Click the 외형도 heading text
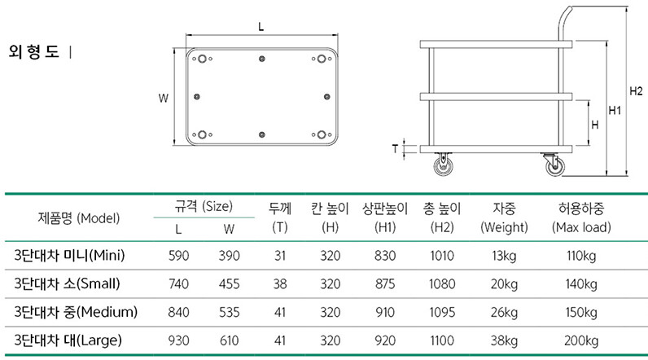point(34,52)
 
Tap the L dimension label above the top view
point(261,27)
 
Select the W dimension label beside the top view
point(164,99)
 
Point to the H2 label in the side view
point(636,91)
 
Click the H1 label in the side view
point(615,110)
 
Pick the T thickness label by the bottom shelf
point(395,148)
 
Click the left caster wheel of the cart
point(443,164)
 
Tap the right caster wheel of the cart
point(554,164)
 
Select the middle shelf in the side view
point(496,97)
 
